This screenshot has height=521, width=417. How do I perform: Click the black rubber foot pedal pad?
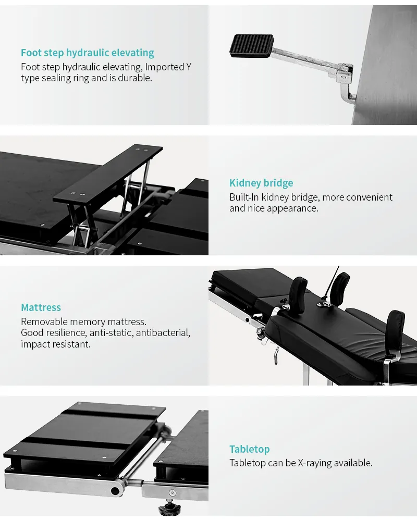pos(252,46)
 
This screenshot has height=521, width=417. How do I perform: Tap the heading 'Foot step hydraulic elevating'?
pos(88,53)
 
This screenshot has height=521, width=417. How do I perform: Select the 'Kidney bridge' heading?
pos(261,183)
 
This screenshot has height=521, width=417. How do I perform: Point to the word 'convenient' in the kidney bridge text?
pos(369,197)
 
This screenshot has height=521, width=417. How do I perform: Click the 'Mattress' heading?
pos(41,307)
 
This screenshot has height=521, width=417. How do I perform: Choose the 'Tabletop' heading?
pos(249,449)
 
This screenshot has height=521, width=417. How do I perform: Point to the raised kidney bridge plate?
pos(108,174)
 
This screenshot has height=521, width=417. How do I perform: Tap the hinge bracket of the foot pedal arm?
pos(345,77)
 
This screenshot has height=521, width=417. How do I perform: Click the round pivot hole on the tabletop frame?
pos(115,491)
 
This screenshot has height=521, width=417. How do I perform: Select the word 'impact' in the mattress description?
pos(34,344)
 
